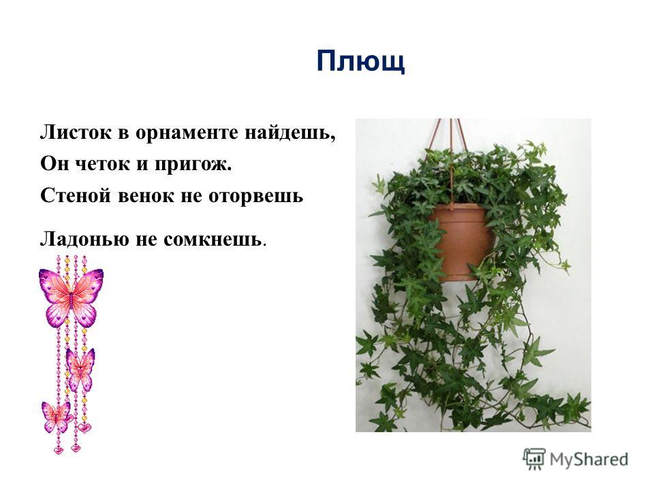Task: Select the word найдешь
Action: coord(290,133)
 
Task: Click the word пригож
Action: coord(193,165)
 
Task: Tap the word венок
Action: coord(146,195)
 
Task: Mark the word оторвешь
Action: coord(255,196)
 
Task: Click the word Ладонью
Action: coord(84,239)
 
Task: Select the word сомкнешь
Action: coord(213,240)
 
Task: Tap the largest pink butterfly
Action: coord(71,296)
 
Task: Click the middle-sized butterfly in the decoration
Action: coord(80,369)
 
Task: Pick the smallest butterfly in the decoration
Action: coord(55,416)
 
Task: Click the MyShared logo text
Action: coord(589,459)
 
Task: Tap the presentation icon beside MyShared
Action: coord(534,458)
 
